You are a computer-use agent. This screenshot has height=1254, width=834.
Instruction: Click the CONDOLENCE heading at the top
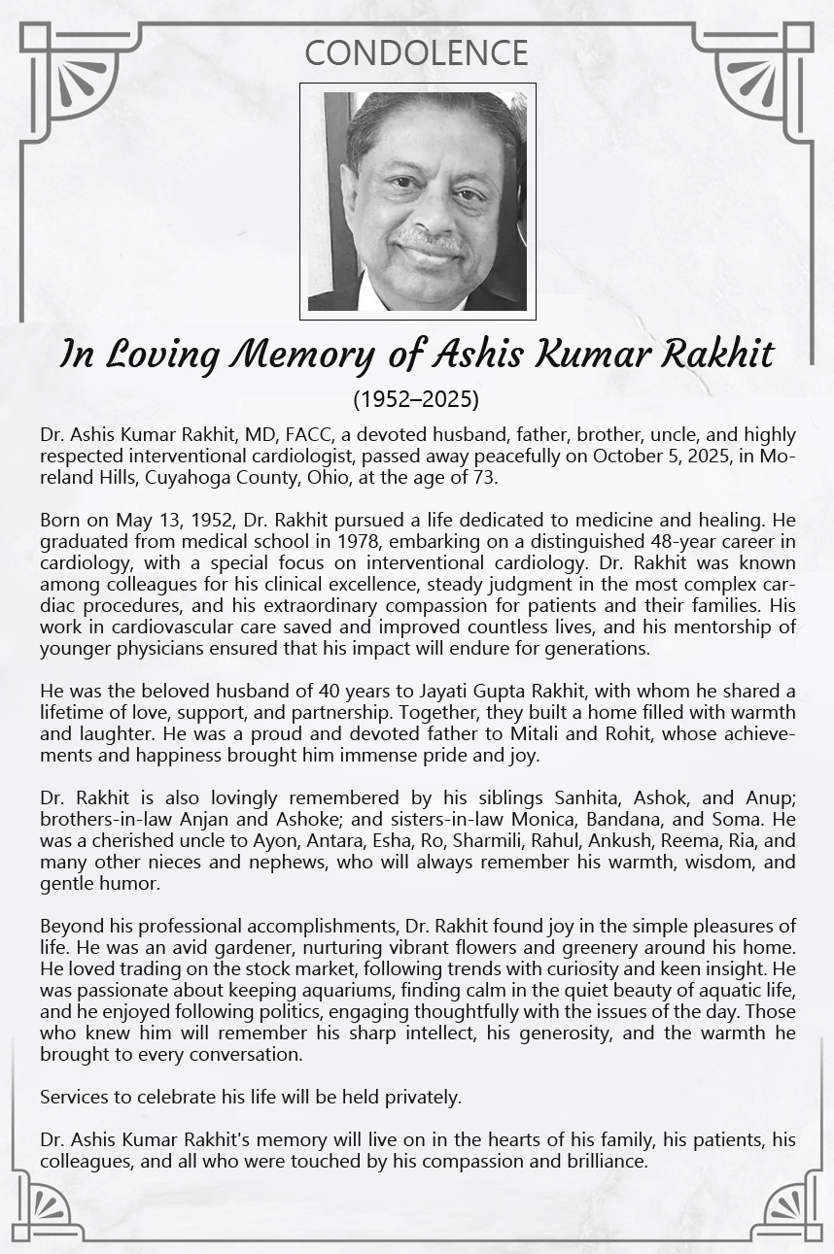(416, 52)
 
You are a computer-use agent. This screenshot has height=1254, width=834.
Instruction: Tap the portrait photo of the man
(417, 201)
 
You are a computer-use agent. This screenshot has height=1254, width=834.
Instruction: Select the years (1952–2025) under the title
(416, 398)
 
